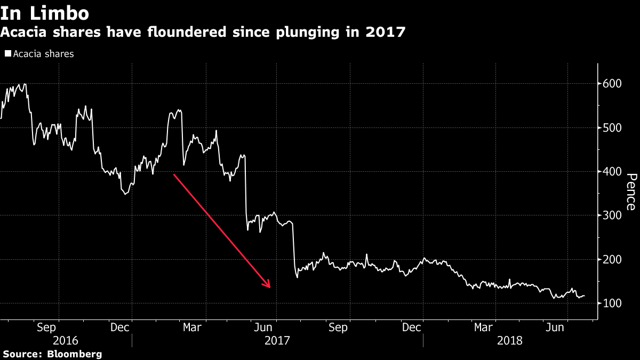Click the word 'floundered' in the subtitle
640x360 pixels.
pyautogui.click(x=179, y=33)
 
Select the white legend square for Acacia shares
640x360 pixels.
pyautogui.click(x=7, y=54)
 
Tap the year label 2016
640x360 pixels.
pyautogui.click(x=66, y=340)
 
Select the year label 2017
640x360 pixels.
pyautogui.click(x=277, y=340)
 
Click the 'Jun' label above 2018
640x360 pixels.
pyautogui.click(x=556, y=327)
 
